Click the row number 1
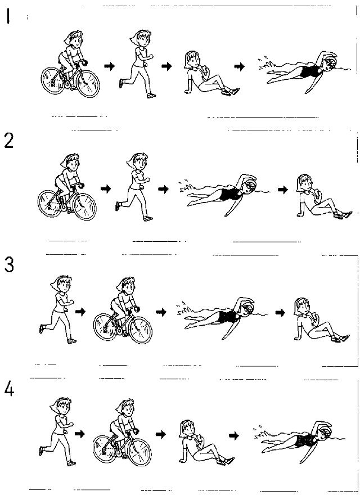[8, 16]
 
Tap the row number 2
[9, 141]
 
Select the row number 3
[9, 265]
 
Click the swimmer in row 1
[304, 71]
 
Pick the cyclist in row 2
[67, 187]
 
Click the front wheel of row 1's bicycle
[88, 84]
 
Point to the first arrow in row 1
[109, 66]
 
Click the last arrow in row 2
[282, 190]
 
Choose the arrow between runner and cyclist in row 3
[80, 312]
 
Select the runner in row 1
[137, 64]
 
